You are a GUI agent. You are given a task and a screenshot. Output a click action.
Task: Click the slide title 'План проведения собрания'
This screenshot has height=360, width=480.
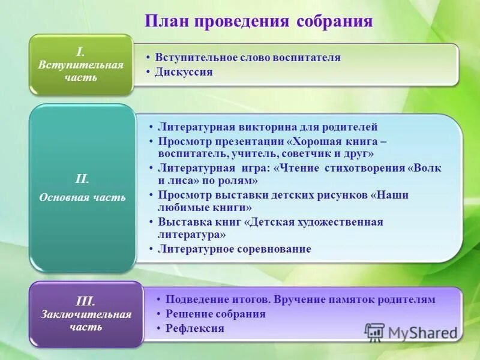tap(259, 21)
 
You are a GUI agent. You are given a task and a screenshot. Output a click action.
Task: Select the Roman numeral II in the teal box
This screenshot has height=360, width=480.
tap(82, 179)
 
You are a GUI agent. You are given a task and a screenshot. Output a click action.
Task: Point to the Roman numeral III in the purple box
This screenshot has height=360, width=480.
tap(85, 302)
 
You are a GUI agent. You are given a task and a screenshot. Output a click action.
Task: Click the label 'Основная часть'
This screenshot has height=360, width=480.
tap(82, 197)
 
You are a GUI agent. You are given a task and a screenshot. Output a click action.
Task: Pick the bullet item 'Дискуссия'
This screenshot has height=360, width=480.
tap(184, 72)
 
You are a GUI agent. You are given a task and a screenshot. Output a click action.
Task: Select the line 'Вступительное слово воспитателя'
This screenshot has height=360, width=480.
tap(247, 58)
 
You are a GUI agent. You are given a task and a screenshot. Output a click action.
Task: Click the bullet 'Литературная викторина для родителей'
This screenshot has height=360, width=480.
tap(268, 127)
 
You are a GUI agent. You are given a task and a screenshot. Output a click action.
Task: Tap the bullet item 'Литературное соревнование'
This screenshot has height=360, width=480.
tap(234, 249)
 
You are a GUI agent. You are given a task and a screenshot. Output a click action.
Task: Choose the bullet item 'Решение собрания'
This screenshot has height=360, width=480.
tap(215, 314)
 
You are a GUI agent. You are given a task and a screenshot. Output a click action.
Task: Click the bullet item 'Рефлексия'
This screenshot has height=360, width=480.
tap(194, 328)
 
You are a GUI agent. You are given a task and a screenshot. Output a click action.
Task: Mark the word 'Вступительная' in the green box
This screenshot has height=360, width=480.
tap(80, 65)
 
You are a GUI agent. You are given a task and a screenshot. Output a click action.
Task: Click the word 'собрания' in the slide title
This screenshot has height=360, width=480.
tap(335, 21)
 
